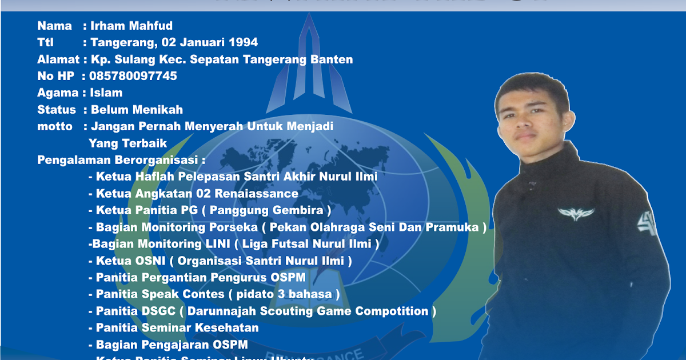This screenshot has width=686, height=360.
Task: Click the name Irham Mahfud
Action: click(x=131, y=26)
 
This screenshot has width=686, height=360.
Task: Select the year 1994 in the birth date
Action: click(x=243, y=42)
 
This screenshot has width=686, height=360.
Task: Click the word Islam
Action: click(x=106, y=93)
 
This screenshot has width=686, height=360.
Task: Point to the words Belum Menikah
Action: click(x=137, y=110)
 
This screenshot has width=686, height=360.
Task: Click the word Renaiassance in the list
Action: click(x=260, y=194)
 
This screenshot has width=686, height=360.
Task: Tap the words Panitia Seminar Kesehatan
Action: click(x=177, y=328)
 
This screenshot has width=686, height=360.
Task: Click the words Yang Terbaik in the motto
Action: click(x=128, y=143)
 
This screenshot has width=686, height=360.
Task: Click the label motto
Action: click(x=55, y=126)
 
